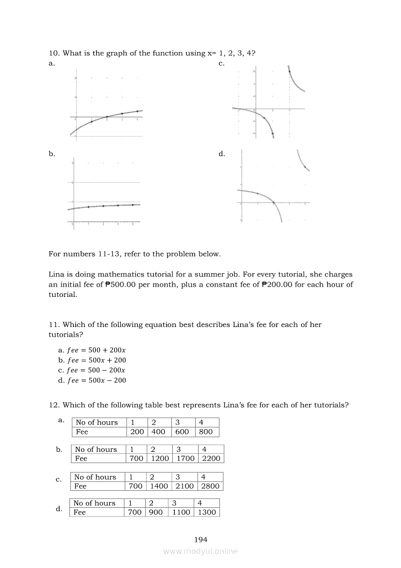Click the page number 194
[x=200, y=539]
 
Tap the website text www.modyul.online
[x=200, y=551]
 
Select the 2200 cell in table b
[x=211, y=458]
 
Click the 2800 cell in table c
[x=210, y=486]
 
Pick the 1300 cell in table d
[x=207, y=512]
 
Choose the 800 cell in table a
[x=206, y=431]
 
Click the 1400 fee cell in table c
[x=158, y=486]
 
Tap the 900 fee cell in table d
[x=156, y=512]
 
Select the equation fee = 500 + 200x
[x=92, y=350]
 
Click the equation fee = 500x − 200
[x=92, y=380]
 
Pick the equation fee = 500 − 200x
[x=92, y=370]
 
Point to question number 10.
[x=53, y=53]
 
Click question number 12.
[x=53, y=405]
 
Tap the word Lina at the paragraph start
[x=56, y=275]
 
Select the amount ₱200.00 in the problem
[x=276, y=285]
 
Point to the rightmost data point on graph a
[x=137, y=111]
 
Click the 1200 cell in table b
[x=160, y=458]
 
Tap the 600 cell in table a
[x=182, y=431]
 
